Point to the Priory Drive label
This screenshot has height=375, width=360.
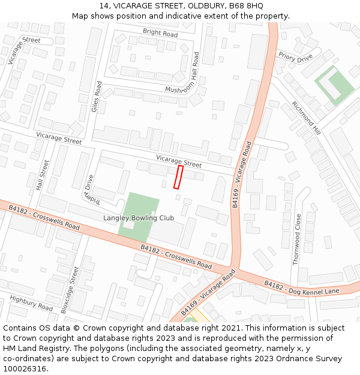coord(295,57)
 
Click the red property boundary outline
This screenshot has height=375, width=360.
coord(178,178)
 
